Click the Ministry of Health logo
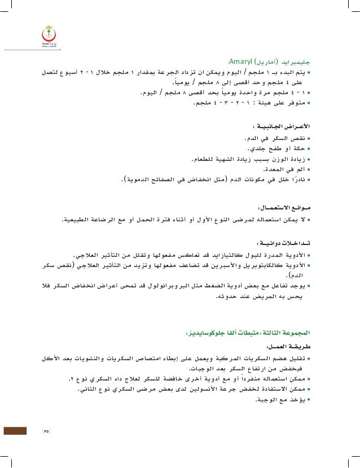(x=47, y=35)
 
